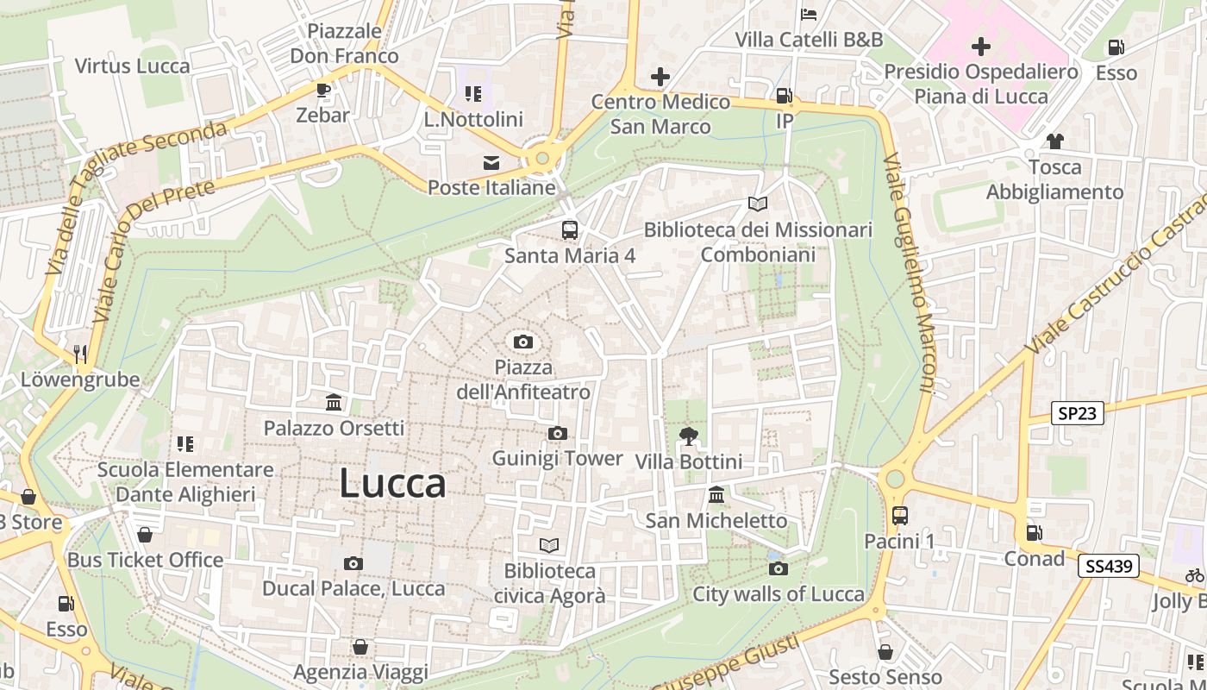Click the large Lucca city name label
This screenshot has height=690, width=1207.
(392, 484)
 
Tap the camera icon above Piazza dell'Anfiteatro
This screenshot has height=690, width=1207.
(522, 342)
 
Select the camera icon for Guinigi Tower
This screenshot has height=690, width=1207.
(557, 433)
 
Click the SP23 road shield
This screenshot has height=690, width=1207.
(1078, 413)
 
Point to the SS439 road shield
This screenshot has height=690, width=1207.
(1108, 567)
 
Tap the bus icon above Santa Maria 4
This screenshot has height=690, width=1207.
(569, 230)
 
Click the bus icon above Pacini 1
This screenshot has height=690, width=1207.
(899, 516)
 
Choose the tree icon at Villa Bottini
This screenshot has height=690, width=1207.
(688, 436)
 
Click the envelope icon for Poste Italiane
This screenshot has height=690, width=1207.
(491, 162)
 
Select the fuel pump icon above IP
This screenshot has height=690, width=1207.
(784, 96)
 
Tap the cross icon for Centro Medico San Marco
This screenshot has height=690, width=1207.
(660, 77)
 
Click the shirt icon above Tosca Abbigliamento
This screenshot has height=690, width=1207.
(1054, 141)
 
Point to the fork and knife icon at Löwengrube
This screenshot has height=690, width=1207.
(80, 354)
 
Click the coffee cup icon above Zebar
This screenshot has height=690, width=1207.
(322, 90)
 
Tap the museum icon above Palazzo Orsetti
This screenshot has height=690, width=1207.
(334, 402)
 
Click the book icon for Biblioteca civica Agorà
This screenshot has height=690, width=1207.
(549, 545)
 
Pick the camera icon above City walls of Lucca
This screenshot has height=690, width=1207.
(778, 568)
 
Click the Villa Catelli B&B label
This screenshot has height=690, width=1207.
(809, 40)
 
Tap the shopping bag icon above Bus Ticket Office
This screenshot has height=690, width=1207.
(145, 535)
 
